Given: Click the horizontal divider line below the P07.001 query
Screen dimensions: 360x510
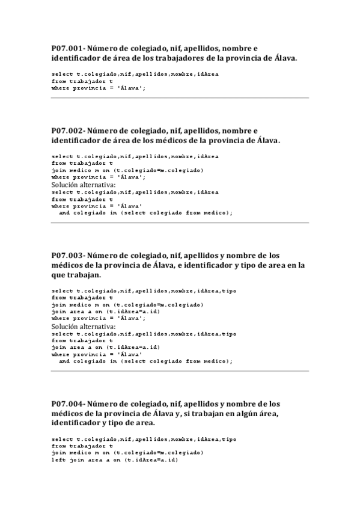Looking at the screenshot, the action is point(180,97).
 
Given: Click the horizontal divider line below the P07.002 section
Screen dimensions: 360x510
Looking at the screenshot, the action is point(180,223).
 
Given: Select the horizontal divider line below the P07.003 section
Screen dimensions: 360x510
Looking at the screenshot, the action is point(180,370).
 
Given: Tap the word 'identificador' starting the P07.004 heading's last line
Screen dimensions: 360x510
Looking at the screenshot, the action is point(75,423).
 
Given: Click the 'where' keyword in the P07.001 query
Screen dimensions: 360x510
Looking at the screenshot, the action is point(60,87).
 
